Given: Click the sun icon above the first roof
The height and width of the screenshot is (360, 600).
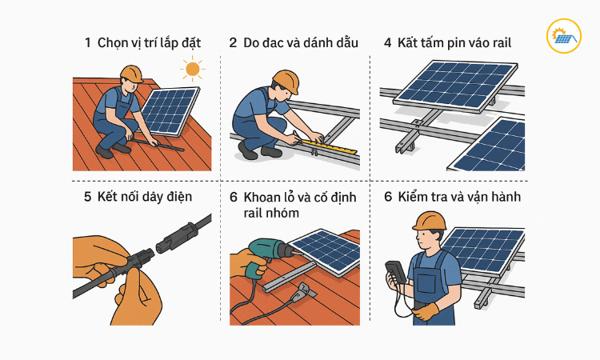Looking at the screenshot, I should click(191, 70).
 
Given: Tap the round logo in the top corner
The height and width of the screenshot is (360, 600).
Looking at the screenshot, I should click(563, 36).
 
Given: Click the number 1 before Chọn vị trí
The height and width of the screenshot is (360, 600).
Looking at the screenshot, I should click(87, 43).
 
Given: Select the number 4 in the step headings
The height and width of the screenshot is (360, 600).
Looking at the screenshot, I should click(388, 43).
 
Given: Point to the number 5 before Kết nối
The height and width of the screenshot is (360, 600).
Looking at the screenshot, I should click(87, 197).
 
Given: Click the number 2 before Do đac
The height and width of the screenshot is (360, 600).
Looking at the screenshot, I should click(233, 43).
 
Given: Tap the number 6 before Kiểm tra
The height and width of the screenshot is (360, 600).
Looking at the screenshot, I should click(388, 197).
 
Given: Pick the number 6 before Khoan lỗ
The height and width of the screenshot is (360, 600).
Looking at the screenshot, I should click(233, 197).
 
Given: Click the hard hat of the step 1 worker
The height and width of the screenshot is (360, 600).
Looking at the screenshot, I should click(131, 74).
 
